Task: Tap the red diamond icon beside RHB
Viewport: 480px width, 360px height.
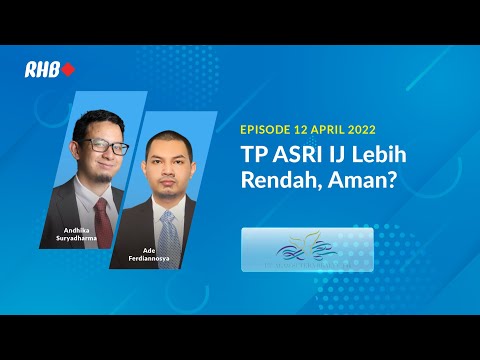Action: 68,70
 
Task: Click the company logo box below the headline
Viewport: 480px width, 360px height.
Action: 307,249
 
